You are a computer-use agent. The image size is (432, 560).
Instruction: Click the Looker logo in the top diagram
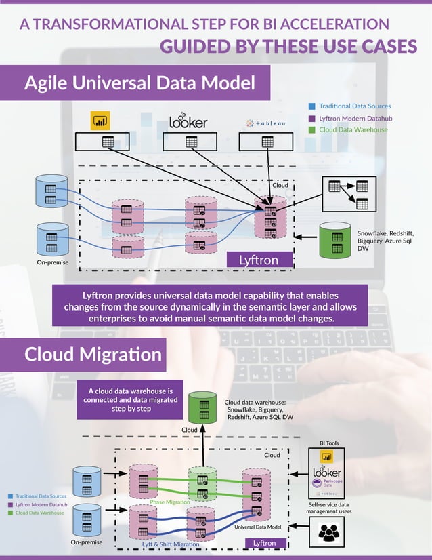188,121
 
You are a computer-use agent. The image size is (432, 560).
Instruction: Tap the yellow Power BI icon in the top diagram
100,121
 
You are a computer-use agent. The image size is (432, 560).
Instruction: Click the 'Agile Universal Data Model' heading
139,83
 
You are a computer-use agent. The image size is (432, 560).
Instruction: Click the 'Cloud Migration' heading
93,355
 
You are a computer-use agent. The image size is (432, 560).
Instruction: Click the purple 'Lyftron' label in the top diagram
258,260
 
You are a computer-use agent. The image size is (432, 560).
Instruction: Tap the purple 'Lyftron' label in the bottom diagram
264,543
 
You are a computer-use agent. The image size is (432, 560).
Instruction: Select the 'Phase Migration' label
169,502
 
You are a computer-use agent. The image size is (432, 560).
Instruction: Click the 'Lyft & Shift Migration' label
170,544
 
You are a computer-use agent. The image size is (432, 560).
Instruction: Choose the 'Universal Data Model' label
257,527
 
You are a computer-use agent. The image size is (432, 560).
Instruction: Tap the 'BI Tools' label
328,443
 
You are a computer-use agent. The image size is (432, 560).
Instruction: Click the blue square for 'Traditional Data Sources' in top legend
311,106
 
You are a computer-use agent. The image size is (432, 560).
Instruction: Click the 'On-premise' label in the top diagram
53,262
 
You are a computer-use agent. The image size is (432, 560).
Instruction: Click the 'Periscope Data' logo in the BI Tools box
327,484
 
